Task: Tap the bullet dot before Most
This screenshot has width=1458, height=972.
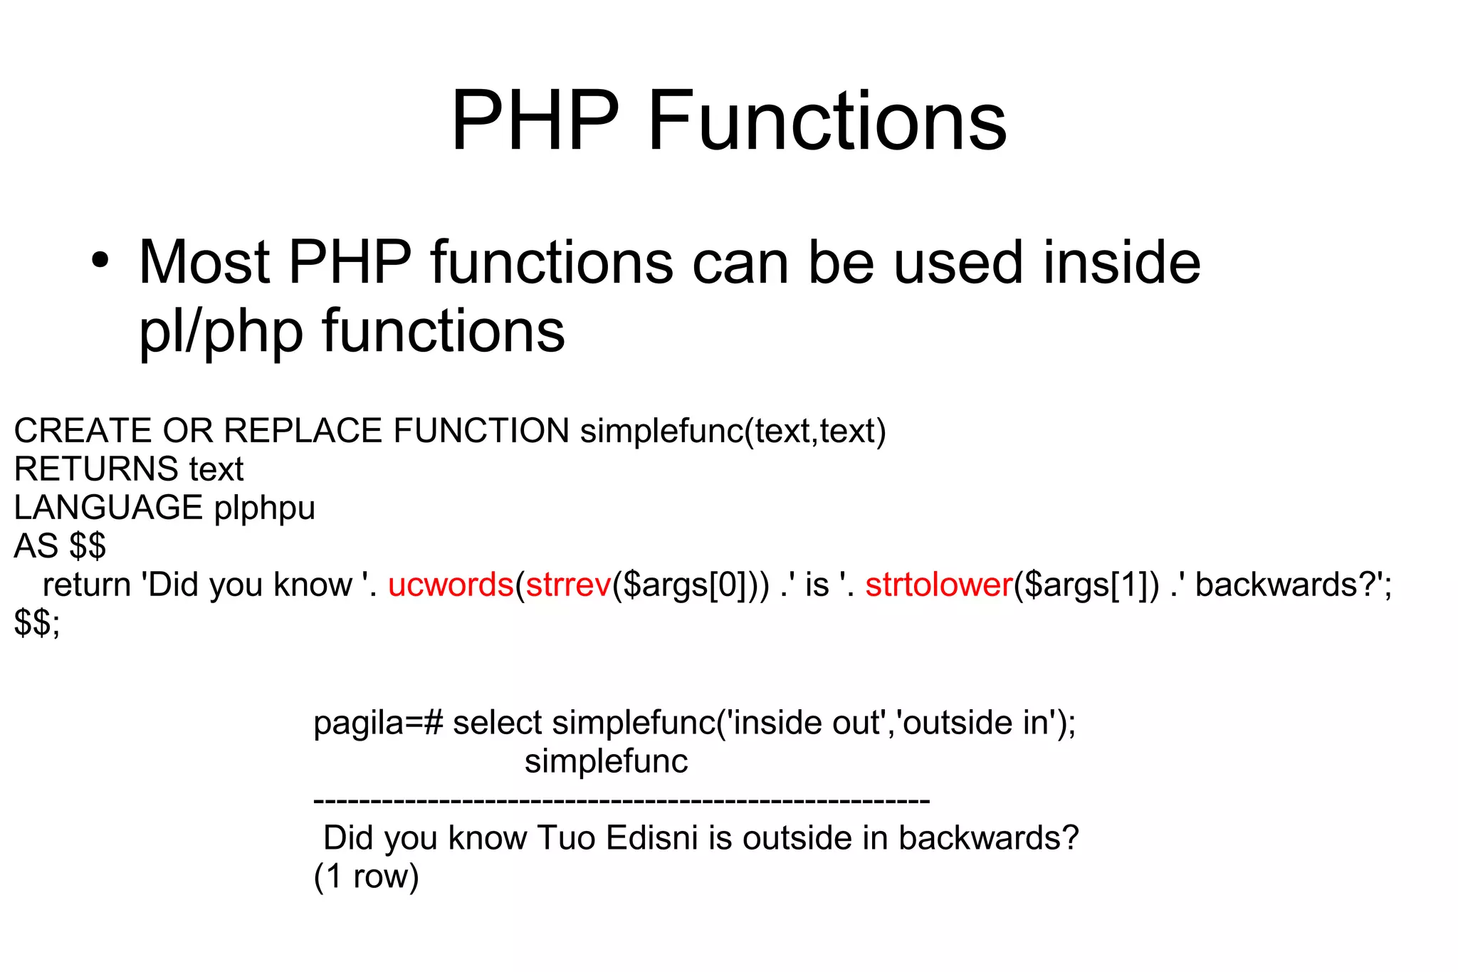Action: pyautogui.click(x=100, y=261)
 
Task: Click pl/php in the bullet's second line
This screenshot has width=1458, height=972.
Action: pyautogui.click(x=221, y=332)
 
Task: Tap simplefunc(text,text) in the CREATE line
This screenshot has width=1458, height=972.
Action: pyautogui.click(x=733, y=431)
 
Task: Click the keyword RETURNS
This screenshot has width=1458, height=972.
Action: pyautogui.click(x=96, y=469)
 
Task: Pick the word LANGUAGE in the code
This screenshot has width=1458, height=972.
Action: pyautogui.click(x=108, y=508)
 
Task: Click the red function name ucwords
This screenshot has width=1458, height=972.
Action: pyautogui.click(x=451, y=585)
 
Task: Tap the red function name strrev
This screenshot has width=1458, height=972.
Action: pyautogui.click(x=568, y=585)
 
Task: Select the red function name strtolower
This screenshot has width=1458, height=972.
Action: pyautogui.click(x=939, y=585)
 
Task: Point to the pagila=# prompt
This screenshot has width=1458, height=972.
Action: pyautogui.click(x=378, y=723)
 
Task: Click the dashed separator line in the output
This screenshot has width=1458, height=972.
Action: pyautogui.click(x=622, y=801)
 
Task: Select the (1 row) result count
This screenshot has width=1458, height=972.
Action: pyautogui.click(x=366, y=877)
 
